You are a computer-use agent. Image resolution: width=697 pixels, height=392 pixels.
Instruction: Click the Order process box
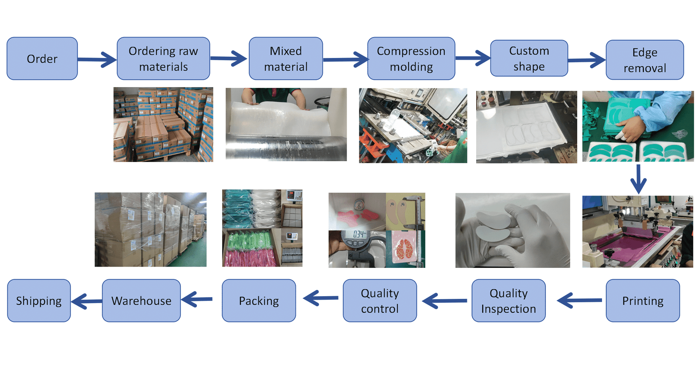click(42, 58)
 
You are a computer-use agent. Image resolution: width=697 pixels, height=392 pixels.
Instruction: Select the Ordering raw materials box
click(163, 58)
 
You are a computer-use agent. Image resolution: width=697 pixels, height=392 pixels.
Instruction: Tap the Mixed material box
click(285, 58)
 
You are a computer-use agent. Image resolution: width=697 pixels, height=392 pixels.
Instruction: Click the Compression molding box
click(411, 58)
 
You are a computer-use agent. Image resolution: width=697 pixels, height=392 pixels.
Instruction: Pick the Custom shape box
click(529, 58)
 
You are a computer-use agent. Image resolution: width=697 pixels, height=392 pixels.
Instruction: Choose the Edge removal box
click(644, 60)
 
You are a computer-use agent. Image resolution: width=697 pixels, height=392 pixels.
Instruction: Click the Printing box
click(642, 301)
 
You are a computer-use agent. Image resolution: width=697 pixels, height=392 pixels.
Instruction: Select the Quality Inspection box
click(508, 301)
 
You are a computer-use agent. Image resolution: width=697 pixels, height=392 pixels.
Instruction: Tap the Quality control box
click(379, 301)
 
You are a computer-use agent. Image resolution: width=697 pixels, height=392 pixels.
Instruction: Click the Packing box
click(258, 301)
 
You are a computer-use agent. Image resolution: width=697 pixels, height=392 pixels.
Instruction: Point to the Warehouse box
click(141, 301)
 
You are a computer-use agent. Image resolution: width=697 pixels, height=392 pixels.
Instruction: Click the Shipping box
click(39, 301)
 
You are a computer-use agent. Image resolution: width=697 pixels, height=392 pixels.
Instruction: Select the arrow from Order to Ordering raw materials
click(97, 59)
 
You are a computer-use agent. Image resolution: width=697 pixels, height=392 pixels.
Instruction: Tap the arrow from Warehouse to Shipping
click(86, 301)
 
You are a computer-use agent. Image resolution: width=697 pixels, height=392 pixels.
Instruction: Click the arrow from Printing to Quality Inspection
click(579, 301)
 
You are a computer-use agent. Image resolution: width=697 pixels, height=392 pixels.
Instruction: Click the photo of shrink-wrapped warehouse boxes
click(150, 230)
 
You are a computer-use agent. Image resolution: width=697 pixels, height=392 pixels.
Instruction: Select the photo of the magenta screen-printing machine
click(637, 231)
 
